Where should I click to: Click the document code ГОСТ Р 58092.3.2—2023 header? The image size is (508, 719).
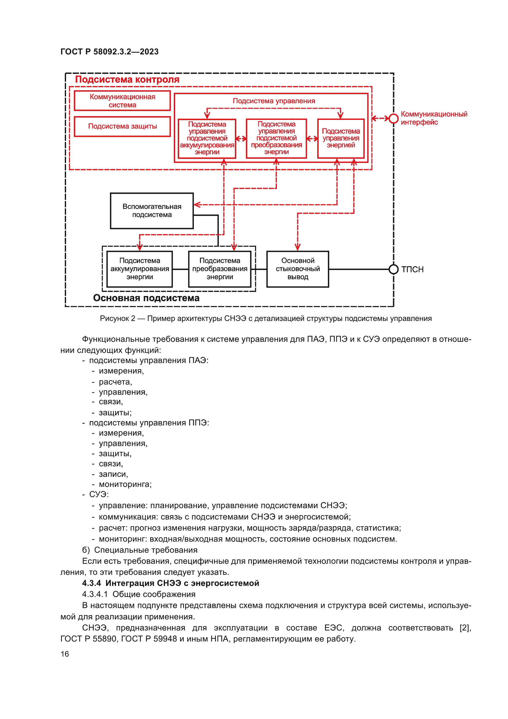(109, 52)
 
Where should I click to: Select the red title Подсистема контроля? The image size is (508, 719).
(127, 80)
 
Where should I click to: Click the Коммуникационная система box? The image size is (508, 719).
(122, 101)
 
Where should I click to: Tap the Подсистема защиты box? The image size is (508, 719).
(122, 127)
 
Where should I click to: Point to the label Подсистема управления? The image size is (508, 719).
(274, 101)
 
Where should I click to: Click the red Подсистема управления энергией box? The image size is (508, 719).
(341, 138)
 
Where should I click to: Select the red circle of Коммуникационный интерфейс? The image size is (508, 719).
(393, 118)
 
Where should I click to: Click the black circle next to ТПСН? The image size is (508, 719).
(393, 269)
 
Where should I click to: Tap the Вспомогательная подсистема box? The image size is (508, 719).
(152, 211)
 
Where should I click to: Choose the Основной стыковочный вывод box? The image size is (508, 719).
(298, 269)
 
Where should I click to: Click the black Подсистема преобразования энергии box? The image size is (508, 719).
(220, 269)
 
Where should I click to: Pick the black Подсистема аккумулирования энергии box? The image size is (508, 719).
(139, 269)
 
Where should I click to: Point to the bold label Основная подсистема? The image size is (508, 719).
(146, 298)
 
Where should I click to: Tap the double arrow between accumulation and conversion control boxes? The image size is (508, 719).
(241, 139)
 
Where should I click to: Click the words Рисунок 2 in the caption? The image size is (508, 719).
(117, 318)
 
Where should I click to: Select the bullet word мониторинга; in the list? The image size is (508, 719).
(125, 484)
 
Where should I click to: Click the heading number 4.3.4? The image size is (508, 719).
(91, 583)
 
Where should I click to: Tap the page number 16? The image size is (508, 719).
(65, 654)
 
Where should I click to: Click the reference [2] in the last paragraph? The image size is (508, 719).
(465, 628)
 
